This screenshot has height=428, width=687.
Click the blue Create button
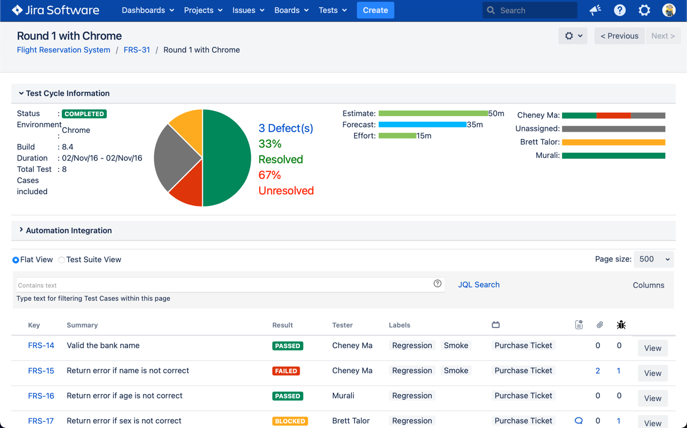tap(375, 10)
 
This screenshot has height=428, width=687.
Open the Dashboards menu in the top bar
tap(147, 10)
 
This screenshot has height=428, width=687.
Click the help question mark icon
tap(619, 10)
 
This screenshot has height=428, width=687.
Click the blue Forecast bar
tap(422, 124)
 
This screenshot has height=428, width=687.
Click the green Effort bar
tap(397, 136)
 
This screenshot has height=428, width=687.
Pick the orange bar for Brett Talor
tap(613, 142)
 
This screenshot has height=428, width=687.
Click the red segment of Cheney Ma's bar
tap(613, 116)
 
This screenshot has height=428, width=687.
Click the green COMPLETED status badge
tap(84, 114)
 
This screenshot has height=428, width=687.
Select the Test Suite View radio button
tap(61, 260)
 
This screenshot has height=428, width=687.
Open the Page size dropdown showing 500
tap(653, 259)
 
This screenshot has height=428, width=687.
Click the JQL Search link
tap(479, 285)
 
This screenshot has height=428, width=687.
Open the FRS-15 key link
tap(41, 371)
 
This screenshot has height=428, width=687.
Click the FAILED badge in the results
tap(286, 371)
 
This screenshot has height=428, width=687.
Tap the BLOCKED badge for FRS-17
tap(290, 421)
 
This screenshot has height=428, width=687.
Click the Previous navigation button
tap(619, 36)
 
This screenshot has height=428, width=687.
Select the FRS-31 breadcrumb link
tap(137, 50)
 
